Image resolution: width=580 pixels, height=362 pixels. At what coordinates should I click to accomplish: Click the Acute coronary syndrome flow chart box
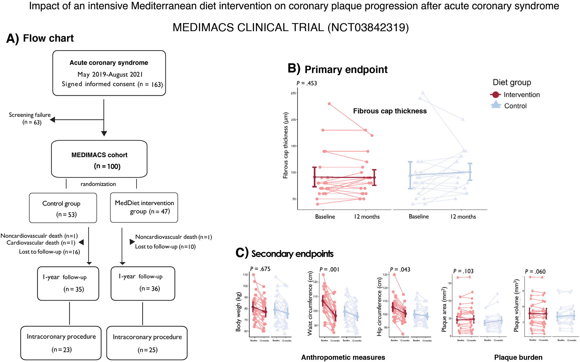coord(109,73)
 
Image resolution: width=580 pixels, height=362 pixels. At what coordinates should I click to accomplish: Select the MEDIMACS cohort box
coord(99,159)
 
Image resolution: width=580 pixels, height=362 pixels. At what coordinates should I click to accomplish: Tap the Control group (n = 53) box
coord(63,208)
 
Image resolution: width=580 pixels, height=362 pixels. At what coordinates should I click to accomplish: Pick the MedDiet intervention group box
coord(144,208)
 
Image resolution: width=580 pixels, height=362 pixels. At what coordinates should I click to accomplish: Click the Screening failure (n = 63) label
coord(30,118)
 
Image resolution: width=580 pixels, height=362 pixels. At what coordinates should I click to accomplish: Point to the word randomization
coord(98,184)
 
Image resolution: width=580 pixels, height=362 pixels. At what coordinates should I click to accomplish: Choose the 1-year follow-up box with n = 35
coord(68,283)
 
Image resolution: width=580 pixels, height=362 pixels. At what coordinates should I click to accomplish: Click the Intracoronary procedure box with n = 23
coord(61,343)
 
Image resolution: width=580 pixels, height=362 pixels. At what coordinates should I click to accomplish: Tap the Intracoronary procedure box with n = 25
coord(147,343)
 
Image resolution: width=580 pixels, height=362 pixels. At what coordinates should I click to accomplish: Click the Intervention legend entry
coord(521,95)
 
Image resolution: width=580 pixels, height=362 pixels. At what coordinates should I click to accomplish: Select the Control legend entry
coord(515,106)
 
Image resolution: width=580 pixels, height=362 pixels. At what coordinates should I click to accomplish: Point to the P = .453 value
coord(307,83)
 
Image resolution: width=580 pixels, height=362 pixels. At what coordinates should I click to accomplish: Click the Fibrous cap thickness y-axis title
coord(285,145)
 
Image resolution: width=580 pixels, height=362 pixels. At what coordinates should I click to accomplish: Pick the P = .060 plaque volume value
coord(535,271)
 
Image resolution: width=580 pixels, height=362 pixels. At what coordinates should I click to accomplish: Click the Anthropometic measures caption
coord(343,357)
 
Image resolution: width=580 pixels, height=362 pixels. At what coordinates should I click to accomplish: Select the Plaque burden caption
coord(518,357)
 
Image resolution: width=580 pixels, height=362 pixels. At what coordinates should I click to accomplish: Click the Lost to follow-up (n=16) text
coord(49,252)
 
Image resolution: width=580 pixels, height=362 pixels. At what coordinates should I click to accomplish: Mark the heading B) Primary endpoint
coord(338,69)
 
